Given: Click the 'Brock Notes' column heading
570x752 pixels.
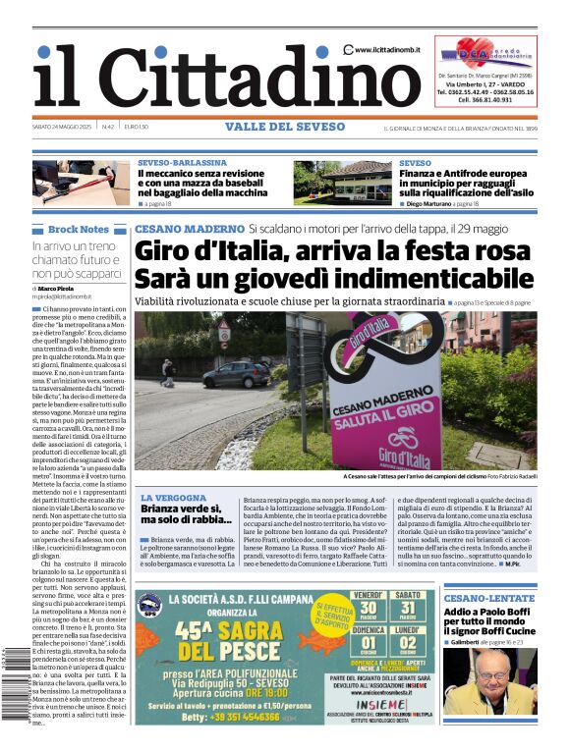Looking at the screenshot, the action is tap(80, 230).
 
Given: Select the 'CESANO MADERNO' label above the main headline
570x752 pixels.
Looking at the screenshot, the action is tap(189, 229).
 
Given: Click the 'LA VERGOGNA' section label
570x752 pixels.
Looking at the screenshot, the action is tap(173, 498).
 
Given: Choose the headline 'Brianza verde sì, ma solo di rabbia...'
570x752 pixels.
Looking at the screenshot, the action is tap(186, 513).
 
